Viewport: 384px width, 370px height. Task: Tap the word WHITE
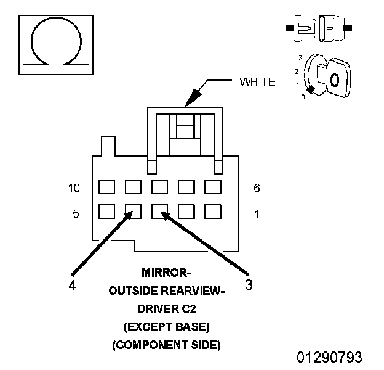pyautogui.click(x=257, y=82)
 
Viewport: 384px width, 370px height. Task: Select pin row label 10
pyautogui.click(x=74, y=188)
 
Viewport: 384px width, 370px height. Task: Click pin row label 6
pyautogui.click(x=257, y=188)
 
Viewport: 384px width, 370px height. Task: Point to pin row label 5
pyautogui.click(x=76, y=214)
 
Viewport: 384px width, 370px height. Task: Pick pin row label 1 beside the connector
pyautogui.click(x=257, y=214)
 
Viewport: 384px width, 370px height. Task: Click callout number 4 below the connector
pyautogui.click(x=72, y=286)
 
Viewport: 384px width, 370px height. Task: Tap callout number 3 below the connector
pyautogui.click(x=249, y=285)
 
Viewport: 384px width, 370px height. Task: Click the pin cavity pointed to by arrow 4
pyautogui.click(x=134, y=212)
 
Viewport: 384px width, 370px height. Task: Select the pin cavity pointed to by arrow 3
pyautogui.click(x=159, y=212)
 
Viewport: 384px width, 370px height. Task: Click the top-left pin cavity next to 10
pyautogui.click(x=107, y=187)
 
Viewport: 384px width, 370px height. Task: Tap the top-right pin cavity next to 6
pyautogui.click(x=213, y=187)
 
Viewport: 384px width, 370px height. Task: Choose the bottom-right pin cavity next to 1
pyautogui.click(x=213, y=212)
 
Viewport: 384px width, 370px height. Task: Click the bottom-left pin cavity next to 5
pyautogui.click(x=107, y=212)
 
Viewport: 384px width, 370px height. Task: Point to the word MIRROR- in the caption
pyautogui.click(x=166, y=273)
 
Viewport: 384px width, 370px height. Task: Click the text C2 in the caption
pyautogui.click(x=189, y=309)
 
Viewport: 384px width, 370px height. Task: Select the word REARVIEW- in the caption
pyautogui.click(x=193, y=291)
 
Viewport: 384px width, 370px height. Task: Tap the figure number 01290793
pyautogui.click(x=329, y=357)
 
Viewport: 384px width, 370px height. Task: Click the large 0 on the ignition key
pyautogui.click(x=335, y=80)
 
